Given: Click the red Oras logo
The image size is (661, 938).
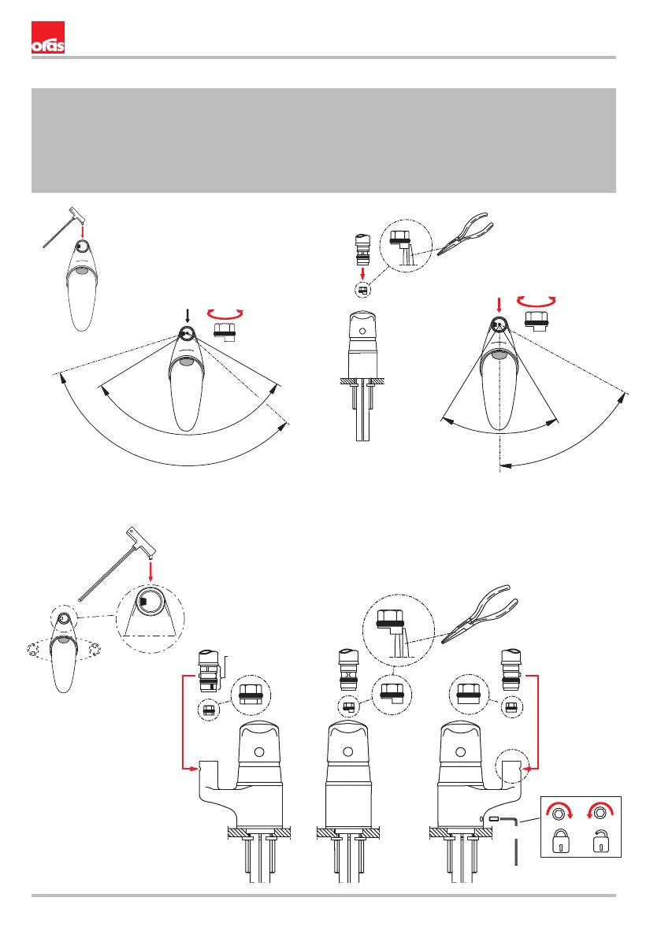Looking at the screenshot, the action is tap(48, 38).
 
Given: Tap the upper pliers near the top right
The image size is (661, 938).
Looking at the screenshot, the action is tap(466, 233).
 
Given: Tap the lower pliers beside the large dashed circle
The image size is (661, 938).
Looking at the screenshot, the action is tap(480, 614).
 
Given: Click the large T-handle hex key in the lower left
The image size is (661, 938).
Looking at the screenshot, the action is tap(117, 564).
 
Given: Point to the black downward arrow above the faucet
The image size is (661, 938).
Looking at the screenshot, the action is tap(188, 316).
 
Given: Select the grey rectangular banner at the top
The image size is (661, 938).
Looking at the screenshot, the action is tap(324, 140).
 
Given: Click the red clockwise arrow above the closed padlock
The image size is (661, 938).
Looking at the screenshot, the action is tap(560, 809).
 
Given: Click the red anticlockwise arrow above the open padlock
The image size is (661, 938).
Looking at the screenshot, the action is tap(600, 809).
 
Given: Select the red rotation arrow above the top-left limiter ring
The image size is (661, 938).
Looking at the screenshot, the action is tap(225, 313).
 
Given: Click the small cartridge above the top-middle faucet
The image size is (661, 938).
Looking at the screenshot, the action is tap(362, 250).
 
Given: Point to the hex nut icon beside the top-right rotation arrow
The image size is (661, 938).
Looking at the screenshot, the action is tap(538, 320).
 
